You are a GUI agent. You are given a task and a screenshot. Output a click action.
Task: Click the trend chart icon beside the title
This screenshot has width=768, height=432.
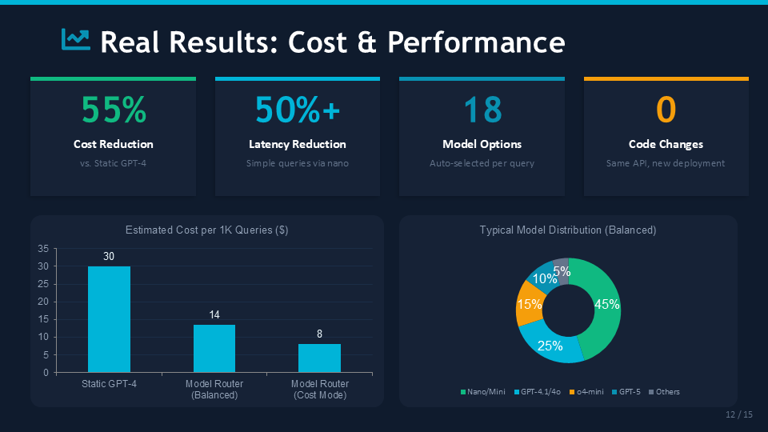point(76,39)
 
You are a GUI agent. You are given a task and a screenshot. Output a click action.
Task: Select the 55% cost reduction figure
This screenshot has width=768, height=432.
point(114,110)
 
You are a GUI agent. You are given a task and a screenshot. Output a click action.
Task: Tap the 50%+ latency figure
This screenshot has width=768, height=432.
point(298,110)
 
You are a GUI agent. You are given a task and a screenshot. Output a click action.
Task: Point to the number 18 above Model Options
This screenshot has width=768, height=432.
point(482,110)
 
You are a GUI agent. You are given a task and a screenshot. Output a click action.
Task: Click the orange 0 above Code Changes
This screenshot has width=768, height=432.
point(666,110)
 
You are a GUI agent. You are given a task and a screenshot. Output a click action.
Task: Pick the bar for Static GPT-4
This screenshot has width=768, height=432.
point(109,319)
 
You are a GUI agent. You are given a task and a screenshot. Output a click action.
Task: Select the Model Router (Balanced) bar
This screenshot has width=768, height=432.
point(214,348)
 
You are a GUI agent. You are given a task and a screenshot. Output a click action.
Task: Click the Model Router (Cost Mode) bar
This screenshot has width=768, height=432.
point(319,358)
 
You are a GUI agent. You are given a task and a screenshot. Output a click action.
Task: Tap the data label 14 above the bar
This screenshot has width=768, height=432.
point(214,315)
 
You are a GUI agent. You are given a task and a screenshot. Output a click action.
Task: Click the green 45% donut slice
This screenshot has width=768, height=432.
point(601,308)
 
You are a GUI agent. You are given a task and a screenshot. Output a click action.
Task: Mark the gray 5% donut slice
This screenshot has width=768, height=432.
point(562,270)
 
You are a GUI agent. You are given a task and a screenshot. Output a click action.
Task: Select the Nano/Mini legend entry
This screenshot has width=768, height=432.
point(486,392)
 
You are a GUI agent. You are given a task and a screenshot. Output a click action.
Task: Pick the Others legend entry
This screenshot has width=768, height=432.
point(664,392)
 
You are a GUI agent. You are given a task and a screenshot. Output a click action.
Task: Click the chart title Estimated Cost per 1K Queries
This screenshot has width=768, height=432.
point(206,230)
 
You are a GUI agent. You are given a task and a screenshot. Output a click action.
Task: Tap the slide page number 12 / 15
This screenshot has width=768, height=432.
point(738,414)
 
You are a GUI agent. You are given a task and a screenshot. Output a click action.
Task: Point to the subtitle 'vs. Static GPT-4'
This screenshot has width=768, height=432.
point(114,163)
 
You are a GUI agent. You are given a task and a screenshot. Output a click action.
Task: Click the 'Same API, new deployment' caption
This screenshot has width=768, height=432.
point(666,163)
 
